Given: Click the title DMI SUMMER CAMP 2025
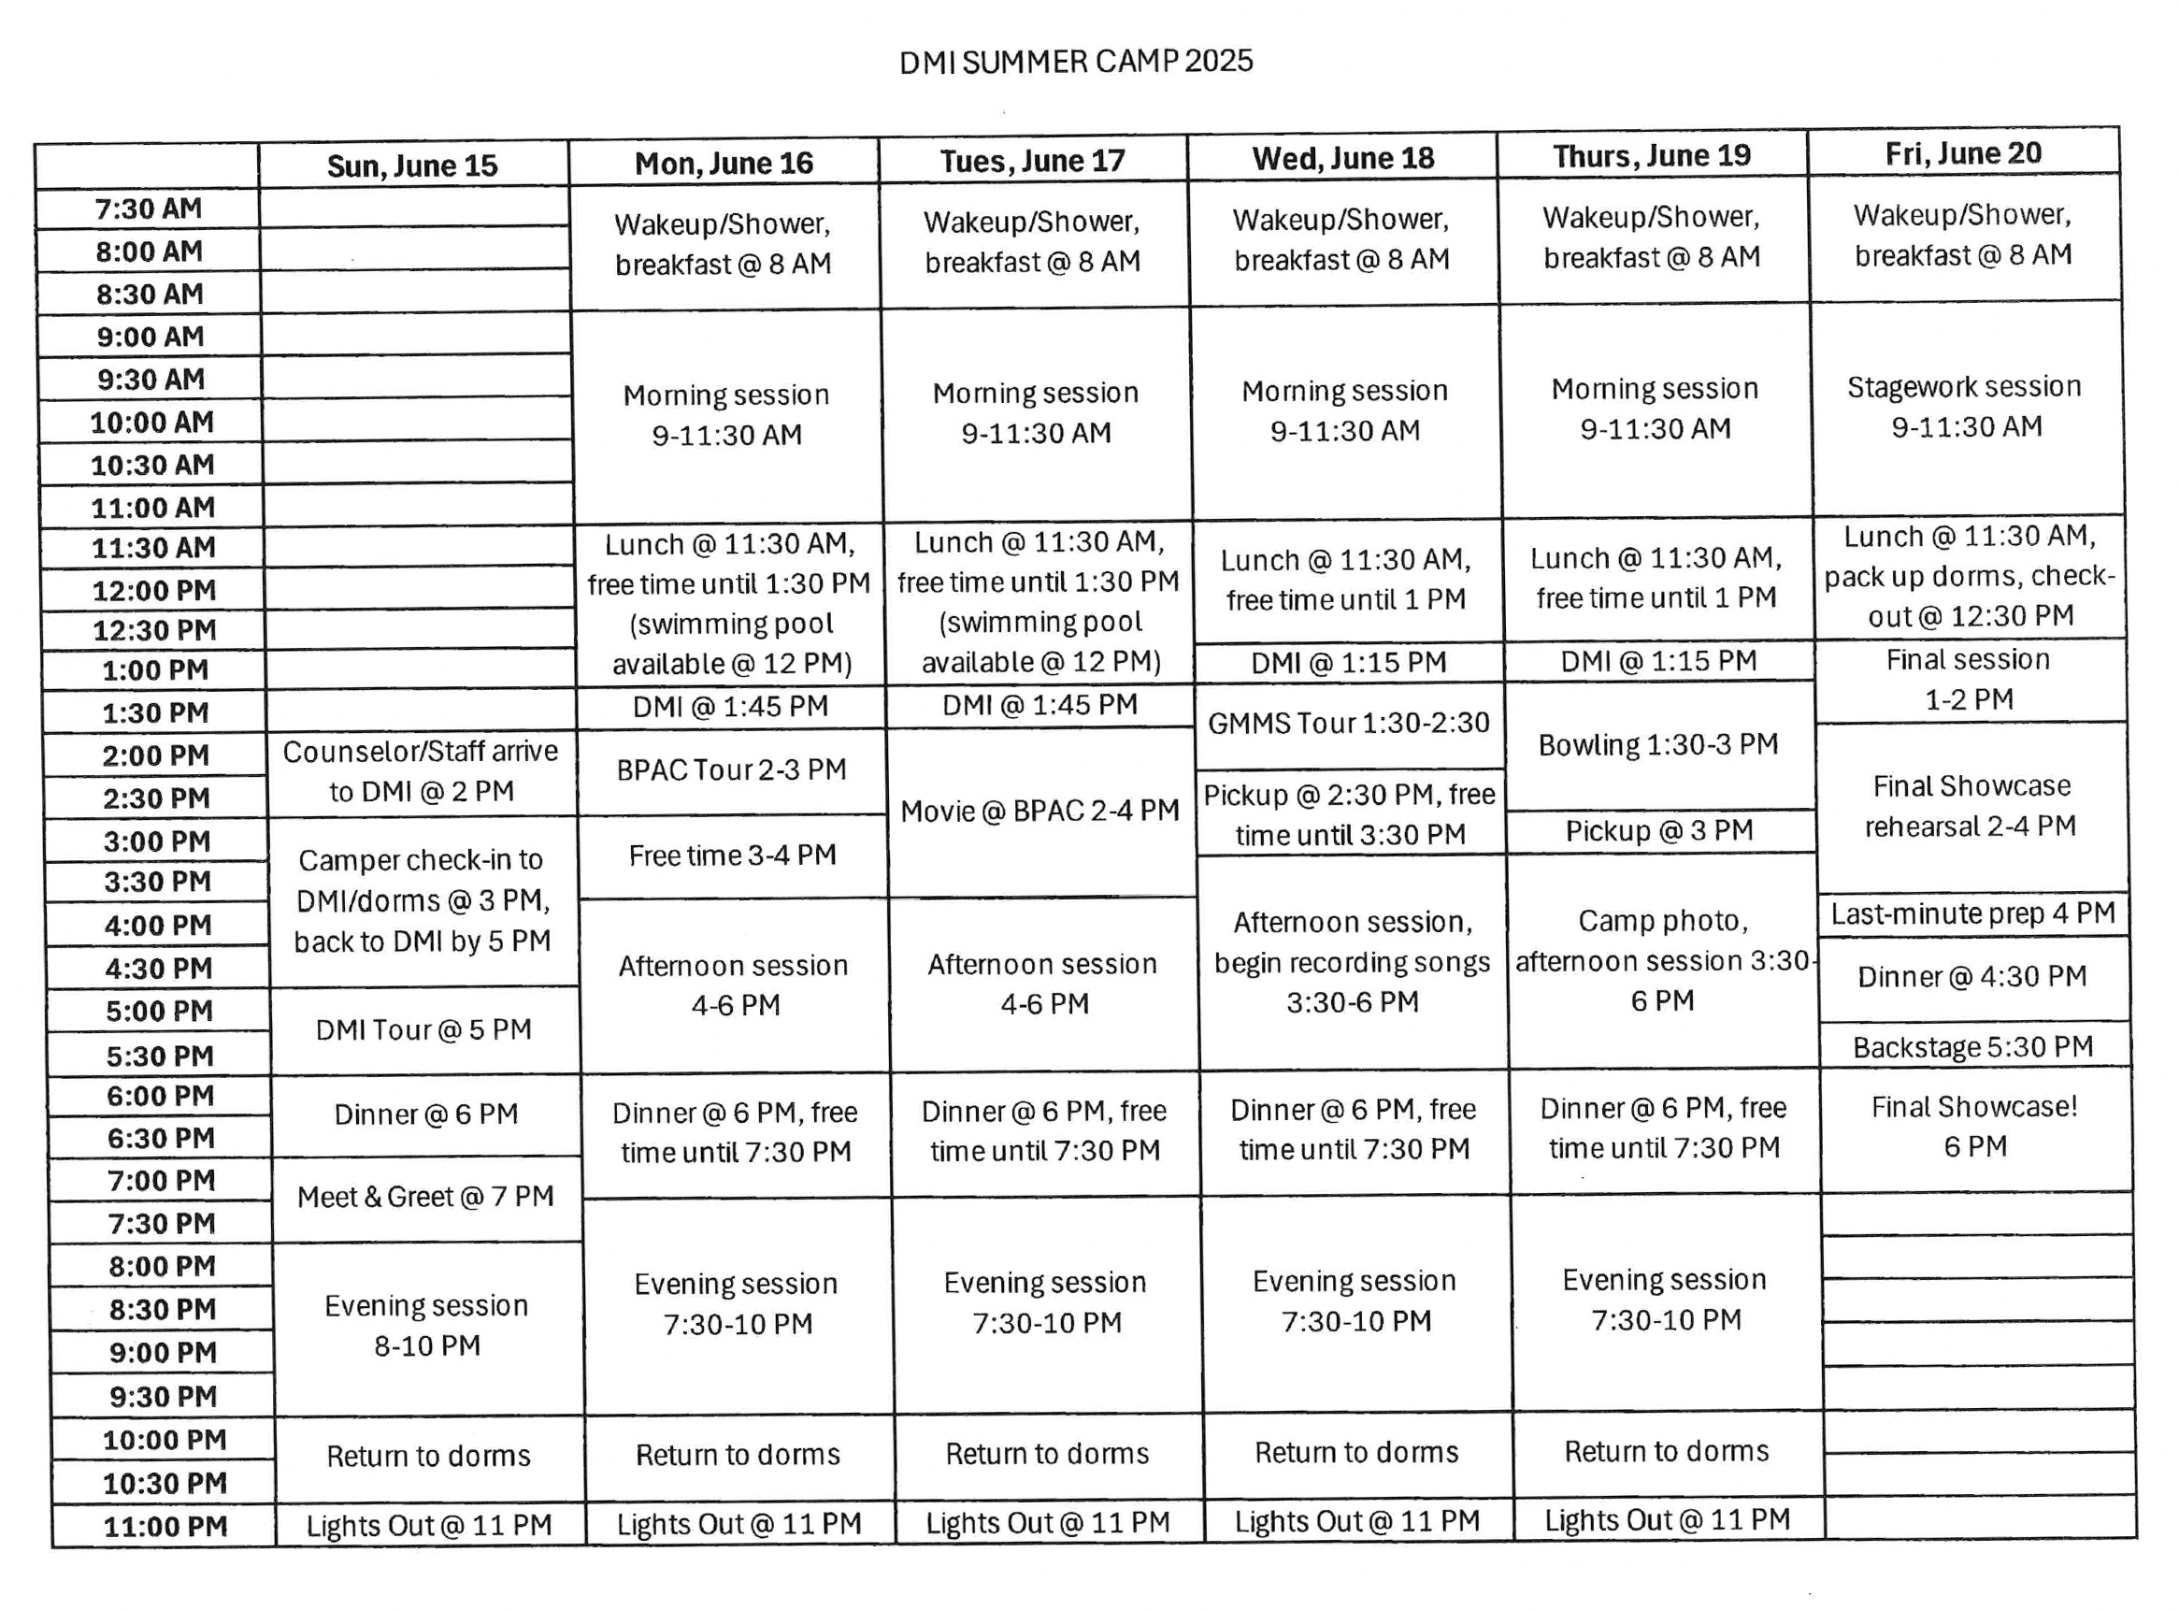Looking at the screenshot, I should click(1075, 62).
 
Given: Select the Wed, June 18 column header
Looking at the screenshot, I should click(1343, 158).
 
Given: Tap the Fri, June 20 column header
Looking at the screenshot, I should click(1963, 154).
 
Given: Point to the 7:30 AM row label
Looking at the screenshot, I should click(148, 208).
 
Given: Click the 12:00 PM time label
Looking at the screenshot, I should click(154, 591).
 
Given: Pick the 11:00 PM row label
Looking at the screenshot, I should click(165, 1526).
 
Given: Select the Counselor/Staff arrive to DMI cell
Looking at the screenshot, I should click(421, 771).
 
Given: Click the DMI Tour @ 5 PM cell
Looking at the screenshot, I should click(423, 1030).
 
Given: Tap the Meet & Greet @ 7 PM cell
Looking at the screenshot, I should click(426, 1197).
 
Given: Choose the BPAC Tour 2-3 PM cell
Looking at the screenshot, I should click(731, 769).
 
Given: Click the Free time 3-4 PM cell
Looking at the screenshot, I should click(733, 855).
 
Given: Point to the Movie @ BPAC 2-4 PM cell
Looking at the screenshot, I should click(1039, 811).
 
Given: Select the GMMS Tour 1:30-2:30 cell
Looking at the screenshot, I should click(1349, 723).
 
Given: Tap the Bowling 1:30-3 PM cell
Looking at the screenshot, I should click(1658, 744).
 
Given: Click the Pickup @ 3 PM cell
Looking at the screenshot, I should click(1659, 830).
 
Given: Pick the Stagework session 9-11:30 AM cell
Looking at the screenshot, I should click(1966, 407).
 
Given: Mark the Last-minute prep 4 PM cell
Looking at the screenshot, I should click(1972, 914).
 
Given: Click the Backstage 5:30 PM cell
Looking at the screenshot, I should click(1973, 1048).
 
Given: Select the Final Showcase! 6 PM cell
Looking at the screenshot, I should click(1975, 1127).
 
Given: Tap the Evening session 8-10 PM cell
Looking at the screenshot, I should click(427, 1326).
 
